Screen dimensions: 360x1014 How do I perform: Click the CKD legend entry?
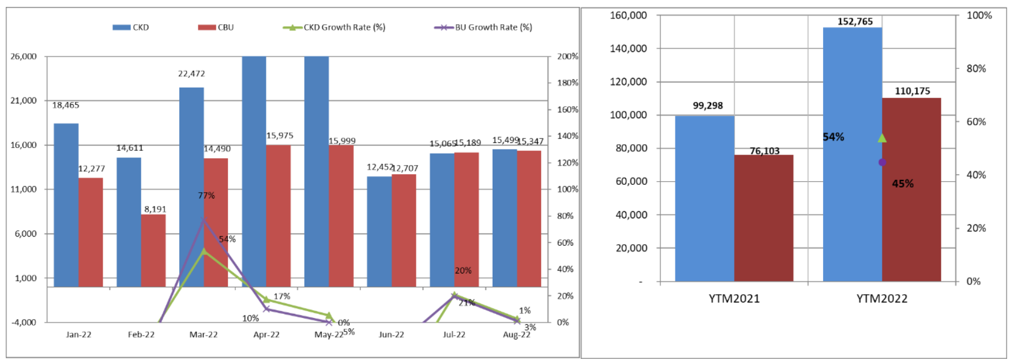point(131,27)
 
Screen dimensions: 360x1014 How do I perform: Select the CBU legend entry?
point(216,27)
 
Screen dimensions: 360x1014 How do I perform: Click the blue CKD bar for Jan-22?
point(66,205)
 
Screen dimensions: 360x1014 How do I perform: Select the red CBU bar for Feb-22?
point(153,250)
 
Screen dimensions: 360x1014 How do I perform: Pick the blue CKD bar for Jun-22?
point(379,231)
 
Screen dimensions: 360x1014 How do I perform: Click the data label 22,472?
point(191,74)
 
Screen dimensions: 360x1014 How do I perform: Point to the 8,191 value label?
point(155,209)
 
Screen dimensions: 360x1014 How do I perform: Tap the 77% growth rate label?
point(206,196)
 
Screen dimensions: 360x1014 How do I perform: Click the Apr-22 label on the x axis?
point(266,335)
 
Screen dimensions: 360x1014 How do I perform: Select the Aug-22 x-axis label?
point(516,335)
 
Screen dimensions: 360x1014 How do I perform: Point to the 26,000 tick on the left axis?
point(24,57)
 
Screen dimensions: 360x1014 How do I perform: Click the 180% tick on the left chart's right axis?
point(568,83)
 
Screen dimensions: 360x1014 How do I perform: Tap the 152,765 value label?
point(855,21)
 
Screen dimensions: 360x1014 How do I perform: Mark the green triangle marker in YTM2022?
point(882,138)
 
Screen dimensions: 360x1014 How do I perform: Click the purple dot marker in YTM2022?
point(882,163)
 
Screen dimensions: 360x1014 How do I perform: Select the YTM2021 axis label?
point(734,299)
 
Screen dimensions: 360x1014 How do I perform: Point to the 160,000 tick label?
point(628,16)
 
